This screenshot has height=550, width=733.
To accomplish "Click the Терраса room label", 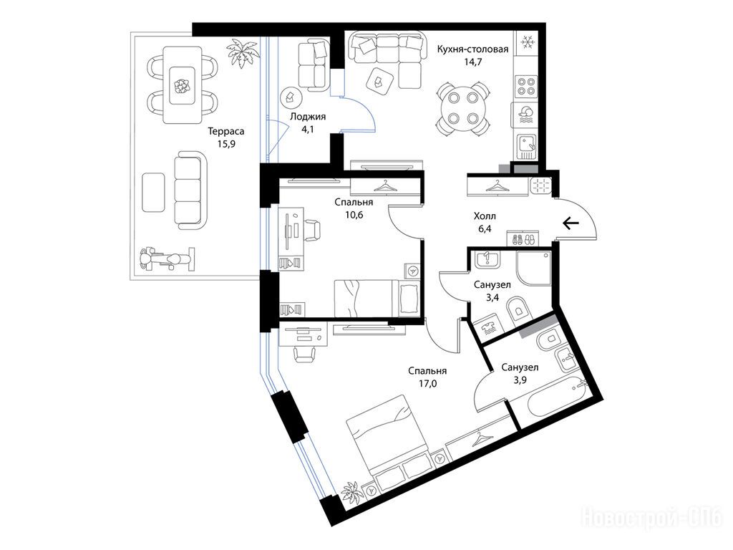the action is [226, 132].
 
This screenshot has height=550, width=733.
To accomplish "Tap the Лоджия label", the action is [308, 117].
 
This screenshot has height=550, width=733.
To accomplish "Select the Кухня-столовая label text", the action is [472, 49].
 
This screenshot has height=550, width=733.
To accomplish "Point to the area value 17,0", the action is [427, 384].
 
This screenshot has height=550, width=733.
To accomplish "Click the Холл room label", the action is [485, 216].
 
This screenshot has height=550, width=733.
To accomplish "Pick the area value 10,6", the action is [354, 215].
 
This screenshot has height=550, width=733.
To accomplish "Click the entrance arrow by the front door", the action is [571, 223].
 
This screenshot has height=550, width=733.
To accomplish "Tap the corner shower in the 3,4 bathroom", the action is [534, 269].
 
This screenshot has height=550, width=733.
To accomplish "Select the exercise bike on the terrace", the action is [166, 259].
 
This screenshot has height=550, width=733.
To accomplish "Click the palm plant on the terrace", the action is [243, 53].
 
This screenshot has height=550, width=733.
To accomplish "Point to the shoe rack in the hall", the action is [523, 239].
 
